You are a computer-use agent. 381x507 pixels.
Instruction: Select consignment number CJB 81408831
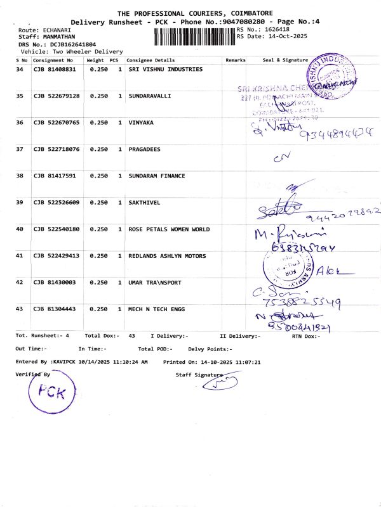coord(55,69)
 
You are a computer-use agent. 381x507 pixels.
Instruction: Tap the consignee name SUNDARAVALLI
coord(150,96)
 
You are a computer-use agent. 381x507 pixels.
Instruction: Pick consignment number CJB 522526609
coord(57,202)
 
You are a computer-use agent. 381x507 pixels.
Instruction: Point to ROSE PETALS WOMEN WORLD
coord(169,229)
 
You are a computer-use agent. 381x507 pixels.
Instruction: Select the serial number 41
coord(20,255)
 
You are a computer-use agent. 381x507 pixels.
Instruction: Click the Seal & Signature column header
coord(285,60)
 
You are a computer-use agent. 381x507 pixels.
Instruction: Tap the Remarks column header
coord(236,60)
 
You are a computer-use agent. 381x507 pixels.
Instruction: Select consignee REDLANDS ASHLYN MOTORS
coord(167,255)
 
